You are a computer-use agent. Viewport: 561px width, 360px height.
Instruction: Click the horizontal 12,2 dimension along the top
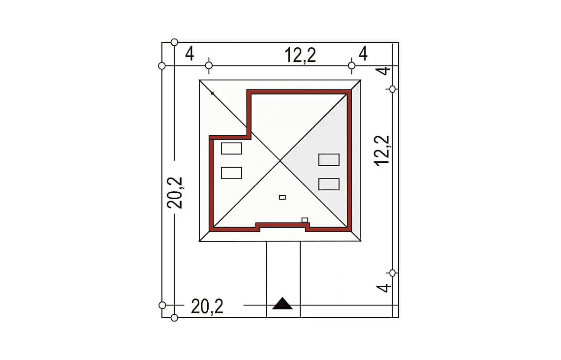(300, 56)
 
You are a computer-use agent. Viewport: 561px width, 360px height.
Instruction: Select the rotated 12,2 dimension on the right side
(382, 150)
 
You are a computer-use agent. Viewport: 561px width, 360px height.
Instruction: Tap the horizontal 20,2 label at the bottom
(207, 306)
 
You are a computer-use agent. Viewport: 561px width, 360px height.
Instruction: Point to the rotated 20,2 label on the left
(175, 193)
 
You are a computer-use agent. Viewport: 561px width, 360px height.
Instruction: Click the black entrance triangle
(282, 303)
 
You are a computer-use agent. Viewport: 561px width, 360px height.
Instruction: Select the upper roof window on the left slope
(231, 149)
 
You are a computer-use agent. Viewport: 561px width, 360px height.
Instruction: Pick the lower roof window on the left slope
(231, 173)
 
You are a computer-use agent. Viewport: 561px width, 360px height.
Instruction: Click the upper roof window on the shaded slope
(329, 159)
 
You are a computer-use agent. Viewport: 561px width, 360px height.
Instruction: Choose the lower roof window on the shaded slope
(329, 184)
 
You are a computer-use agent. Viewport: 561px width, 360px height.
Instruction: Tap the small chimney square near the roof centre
(282, 197)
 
